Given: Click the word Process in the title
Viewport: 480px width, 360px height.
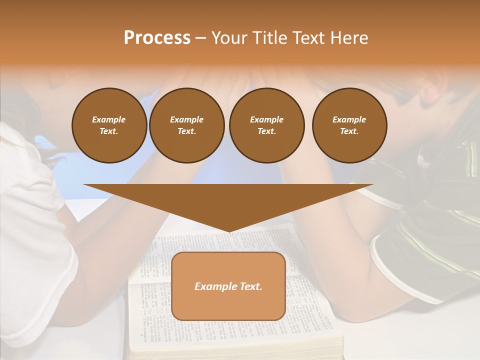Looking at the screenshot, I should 157,38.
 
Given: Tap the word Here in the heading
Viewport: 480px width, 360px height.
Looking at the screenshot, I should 348,38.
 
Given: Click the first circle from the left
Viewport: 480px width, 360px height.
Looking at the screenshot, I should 109,125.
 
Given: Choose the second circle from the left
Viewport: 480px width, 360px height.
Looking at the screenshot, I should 186,125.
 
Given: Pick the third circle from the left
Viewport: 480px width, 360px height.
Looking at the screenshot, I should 266,125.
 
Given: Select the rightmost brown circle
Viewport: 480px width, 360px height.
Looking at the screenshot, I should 349,125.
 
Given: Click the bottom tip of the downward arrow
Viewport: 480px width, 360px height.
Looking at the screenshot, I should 228,231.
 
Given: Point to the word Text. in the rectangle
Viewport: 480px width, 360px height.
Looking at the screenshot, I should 249,286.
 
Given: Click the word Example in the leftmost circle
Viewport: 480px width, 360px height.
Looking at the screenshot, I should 109,119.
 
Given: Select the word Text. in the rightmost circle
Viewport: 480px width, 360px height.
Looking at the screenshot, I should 349,131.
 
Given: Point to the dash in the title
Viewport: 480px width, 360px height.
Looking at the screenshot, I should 200,38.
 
